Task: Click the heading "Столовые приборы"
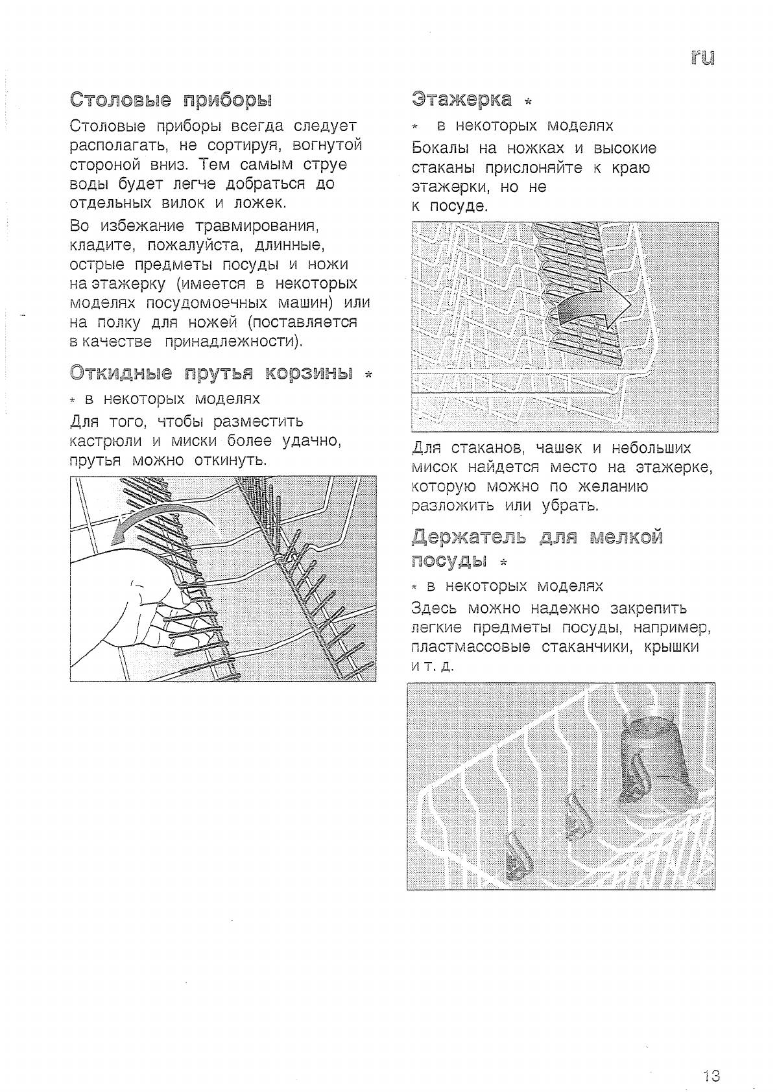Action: pos(171,100)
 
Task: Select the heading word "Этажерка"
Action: pos(462,99)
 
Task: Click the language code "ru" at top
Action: pos(702,58)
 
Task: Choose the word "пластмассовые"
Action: pos(470,647)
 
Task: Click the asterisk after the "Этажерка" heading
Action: pos(528,102)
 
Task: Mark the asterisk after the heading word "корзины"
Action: pos(368,375)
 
